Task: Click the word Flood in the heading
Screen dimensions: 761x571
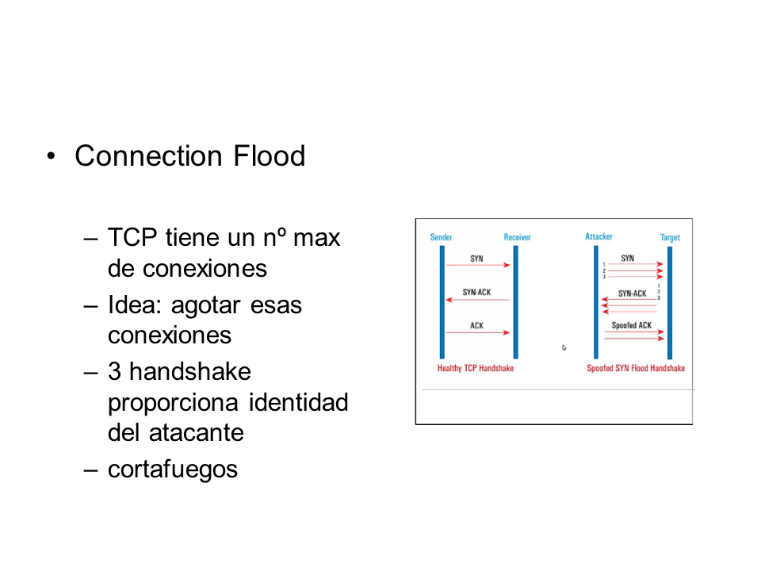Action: click(x=269, y=155)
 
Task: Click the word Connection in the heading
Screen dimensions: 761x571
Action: click(x=148, y=155)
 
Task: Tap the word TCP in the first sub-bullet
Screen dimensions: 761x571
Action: click(x=132, y=237)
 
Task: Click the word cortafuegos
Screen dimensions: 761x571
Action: click(x=173, y=469)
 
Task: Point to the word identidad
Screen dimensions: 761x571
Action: click(x=299, y=402)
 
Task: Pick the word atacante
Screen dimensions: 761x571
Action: click(x=196, y=433)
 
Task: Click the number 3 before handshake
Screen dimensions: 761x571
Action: click(x=114, y=371)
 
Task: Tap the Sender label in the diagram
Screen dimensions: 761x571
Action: click(x=442, y=237)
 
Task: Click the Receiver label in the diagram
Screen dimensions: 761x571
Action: click(x=517, y=237)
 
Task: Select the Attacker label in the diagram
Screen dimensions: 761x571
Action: click(x=598, y=236)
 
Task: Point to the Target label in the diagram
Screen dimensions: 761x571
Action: click(x=670, y=237)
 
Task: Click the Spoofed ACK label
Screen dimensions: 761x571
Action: click(x=632, y=325)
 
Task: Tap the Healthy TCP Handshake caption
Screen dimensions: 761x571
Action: click(x=475, y=368)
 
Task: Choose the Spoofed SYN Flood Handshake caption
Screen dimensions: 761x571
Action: click(x=636, y=368)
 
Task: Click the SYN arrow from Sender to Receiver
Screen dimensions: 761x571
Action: click(x=478, y=265)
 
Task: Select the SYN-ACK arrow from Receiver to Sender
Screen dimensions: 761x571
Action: click(x=477, y=300)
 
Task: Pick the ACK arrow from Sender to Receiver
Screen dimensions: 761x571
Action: click(x=478, y=332)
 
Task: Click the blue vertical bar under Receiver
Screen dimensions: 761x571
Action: click(x=516, y=302)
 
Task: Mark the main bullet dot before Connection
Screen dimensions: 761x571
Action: click(x=51, y=156)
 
